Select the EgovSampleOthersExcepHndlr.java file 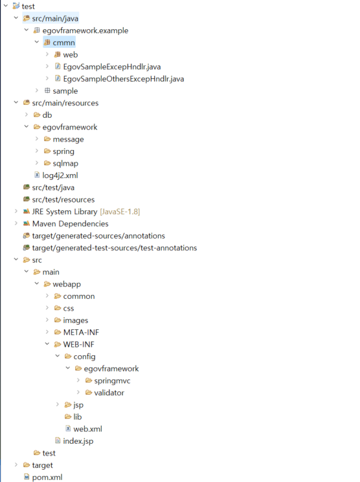point(123,79)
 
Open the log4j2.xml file point(60,175)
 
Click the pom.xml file point(47,477)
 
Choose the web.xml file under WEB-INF point(87,428)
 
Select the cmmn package point(63,43)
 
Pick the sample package point(65,91)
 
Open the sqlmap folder point(65,163)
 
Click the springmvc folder point(112,380)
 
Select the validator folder point(109,392)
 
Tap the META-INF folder point(81,332)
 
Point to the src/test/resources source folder point(63,199)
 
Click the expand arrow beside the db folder point(27,115)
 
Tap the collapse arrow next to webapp point(37,284)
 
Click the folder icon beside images point(58,320)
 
